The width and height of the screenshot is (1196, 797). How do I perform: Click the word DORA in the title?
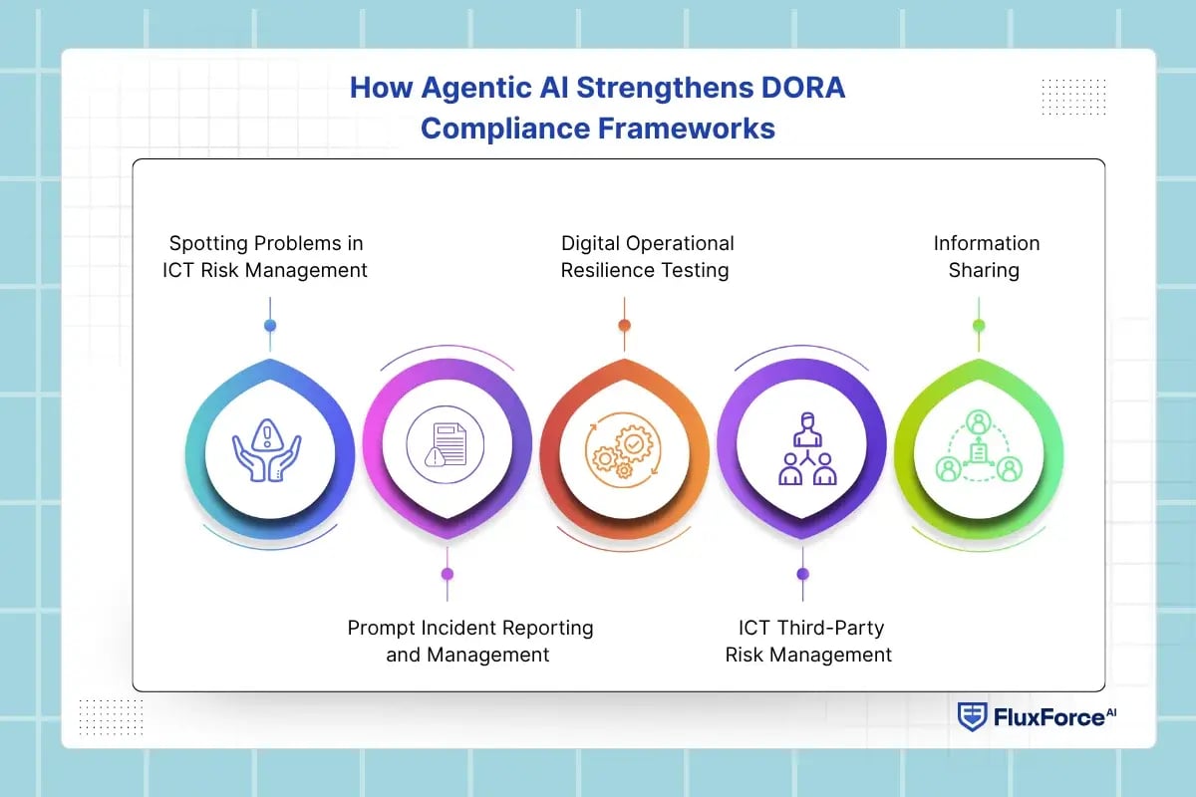[x=803, y=88]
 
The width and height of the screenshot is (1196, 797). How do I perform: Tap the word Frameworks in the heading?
[x=686, y=129]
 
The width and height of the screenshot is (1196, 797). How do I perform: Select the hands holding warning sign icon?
[x=266, y=450]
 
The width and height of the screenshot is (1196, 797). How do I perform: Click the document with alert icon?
[x=446, y=444]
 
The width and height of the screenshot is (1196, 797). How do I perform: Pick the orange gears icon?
[x=623, y=449]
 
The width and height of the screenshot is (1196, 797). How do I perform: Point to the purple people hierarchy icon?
[x=807, y=448]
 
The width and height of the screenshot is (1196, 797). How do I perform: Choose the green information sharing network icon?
[x=979, y=445]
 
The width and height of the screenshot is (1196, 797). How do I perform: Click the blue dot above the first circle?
[x=270, y=325]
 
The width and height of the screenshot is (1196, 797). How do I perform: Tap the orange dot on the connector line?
[x=624, y=325]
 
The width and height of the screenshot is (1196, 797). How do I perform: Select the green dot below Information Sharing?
[x=979, y=325]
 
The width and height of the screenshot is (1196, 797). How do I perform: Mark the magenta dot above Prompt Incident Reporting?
[x=448, y=574]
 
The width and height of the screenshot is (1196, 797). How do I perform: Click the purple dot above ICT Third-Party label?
[x=802, y=574]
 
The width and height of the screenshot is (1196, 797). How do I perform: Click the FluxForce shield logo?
[x=972, y=716]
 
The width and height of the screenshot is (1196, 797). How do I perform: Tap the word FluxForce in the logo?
[x=1049, y=717]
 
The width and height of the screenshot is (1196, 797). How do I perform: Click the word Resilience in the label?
[x=594, y=270]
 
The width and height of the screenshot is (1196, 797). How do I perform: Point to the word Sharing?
[x=984, y=271]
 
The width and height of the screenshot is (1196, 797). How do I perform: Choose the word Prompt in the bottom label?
[x=382, y=629]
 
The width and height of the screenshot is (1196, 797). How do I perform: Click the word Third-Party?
[x=830, y=629]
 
